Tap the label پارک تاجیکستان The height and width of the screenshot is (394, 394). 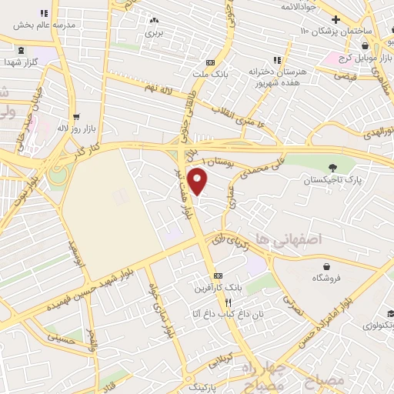point(332,180)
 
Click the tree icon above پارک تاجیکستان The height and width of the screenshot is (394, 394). point(332,168)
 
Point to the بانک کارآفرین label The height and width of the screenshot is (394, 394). point(219,287)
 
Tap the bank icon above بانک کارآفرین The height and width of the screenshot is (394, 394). point(219,275)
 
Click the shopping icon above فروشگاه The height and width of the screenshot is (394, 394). point(316,265)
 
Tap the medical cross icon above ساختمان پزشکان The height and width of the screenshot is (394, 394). point(336,19)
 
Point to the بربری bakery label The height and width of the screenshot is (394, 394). point(155,33)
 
